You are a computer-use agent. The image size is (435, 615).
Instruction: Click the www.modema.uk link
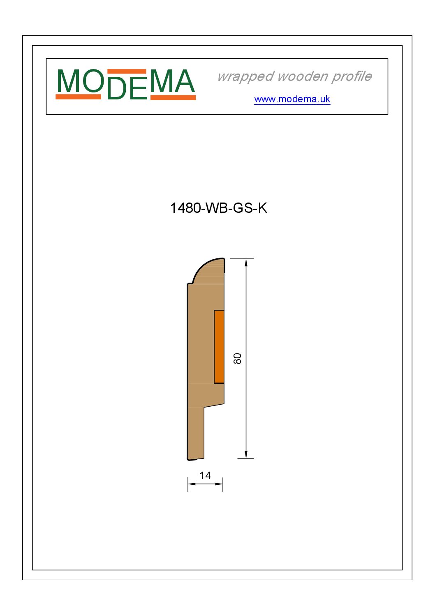[292, 99]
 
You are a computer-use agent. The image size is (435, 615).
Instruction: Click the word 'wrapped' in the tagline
[246, 77]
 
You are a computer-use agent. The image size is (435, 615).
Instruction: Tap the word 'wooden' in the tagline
[302, 76]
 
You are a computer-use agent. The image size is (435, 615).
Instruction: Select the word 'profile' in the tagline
[352, 76]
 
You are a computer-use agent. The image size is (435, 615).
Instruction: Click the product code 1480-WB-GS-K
[218, 208]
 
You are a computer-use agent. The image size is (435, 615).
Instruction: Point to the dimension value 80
[237, 359]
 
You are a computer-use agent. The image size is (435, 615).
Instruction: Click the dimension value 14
[205, 476]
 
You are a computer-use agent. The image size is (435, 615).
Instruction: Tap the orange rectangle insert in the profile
[219, 346]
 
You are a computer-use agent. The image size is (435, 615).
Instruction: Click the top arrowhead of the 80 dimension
[246, 263]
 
